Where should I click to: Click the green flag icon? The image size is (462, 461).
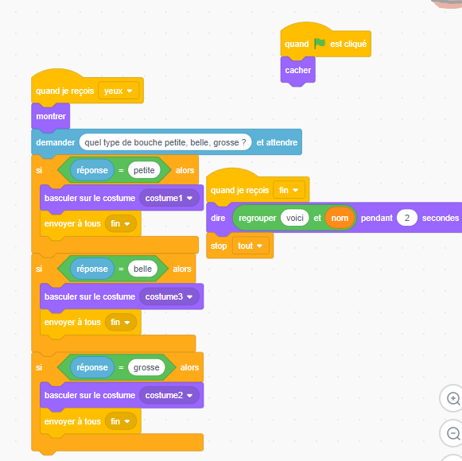tap(320, 44)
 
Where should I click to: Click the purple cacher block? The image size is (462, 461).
tap(298, 71)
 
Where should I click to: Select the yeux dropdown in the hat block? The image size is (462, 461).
tap(118, 91)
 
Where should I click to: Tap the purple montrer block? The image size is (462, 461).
tap(51, 117)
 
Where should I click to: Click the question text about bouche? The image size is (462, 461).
tap(165, 142)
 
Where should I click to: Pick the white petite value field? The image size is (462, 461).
tap(144, 170)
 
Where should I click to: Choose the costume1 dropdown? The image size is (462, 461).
tap(169, 198)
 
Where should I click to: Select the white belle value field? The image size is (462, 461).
tap(142, 269)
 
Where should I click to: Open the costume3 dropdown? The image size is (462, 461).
tap(169, 296)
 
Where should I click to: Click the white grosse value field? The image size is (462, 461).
tap(146, 367)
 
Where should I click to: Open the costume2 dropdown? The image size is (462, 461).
tap(169, 395)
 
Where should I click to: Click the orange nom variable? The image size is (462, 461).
tap(340, 218)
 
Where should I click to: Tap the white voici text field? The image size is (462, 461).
tap(295, 218)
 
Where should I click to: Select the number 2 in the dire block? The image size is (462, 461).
tap(407, 218)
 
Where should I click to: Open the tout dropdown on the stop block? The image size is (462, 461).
tap(250, 246)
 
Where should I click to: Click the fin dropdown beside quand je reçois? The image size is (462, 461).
tap(289, 190)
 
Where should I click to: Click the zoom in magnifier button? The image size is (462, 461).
tap(453, 398)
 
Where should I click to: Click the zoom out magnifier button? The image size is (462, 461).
tap(453, 433)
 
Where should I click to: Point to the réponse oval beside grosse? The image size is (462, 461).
tap(92, 367)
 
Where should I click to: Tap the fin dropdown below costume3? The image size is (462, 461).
tap(121, 322)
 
